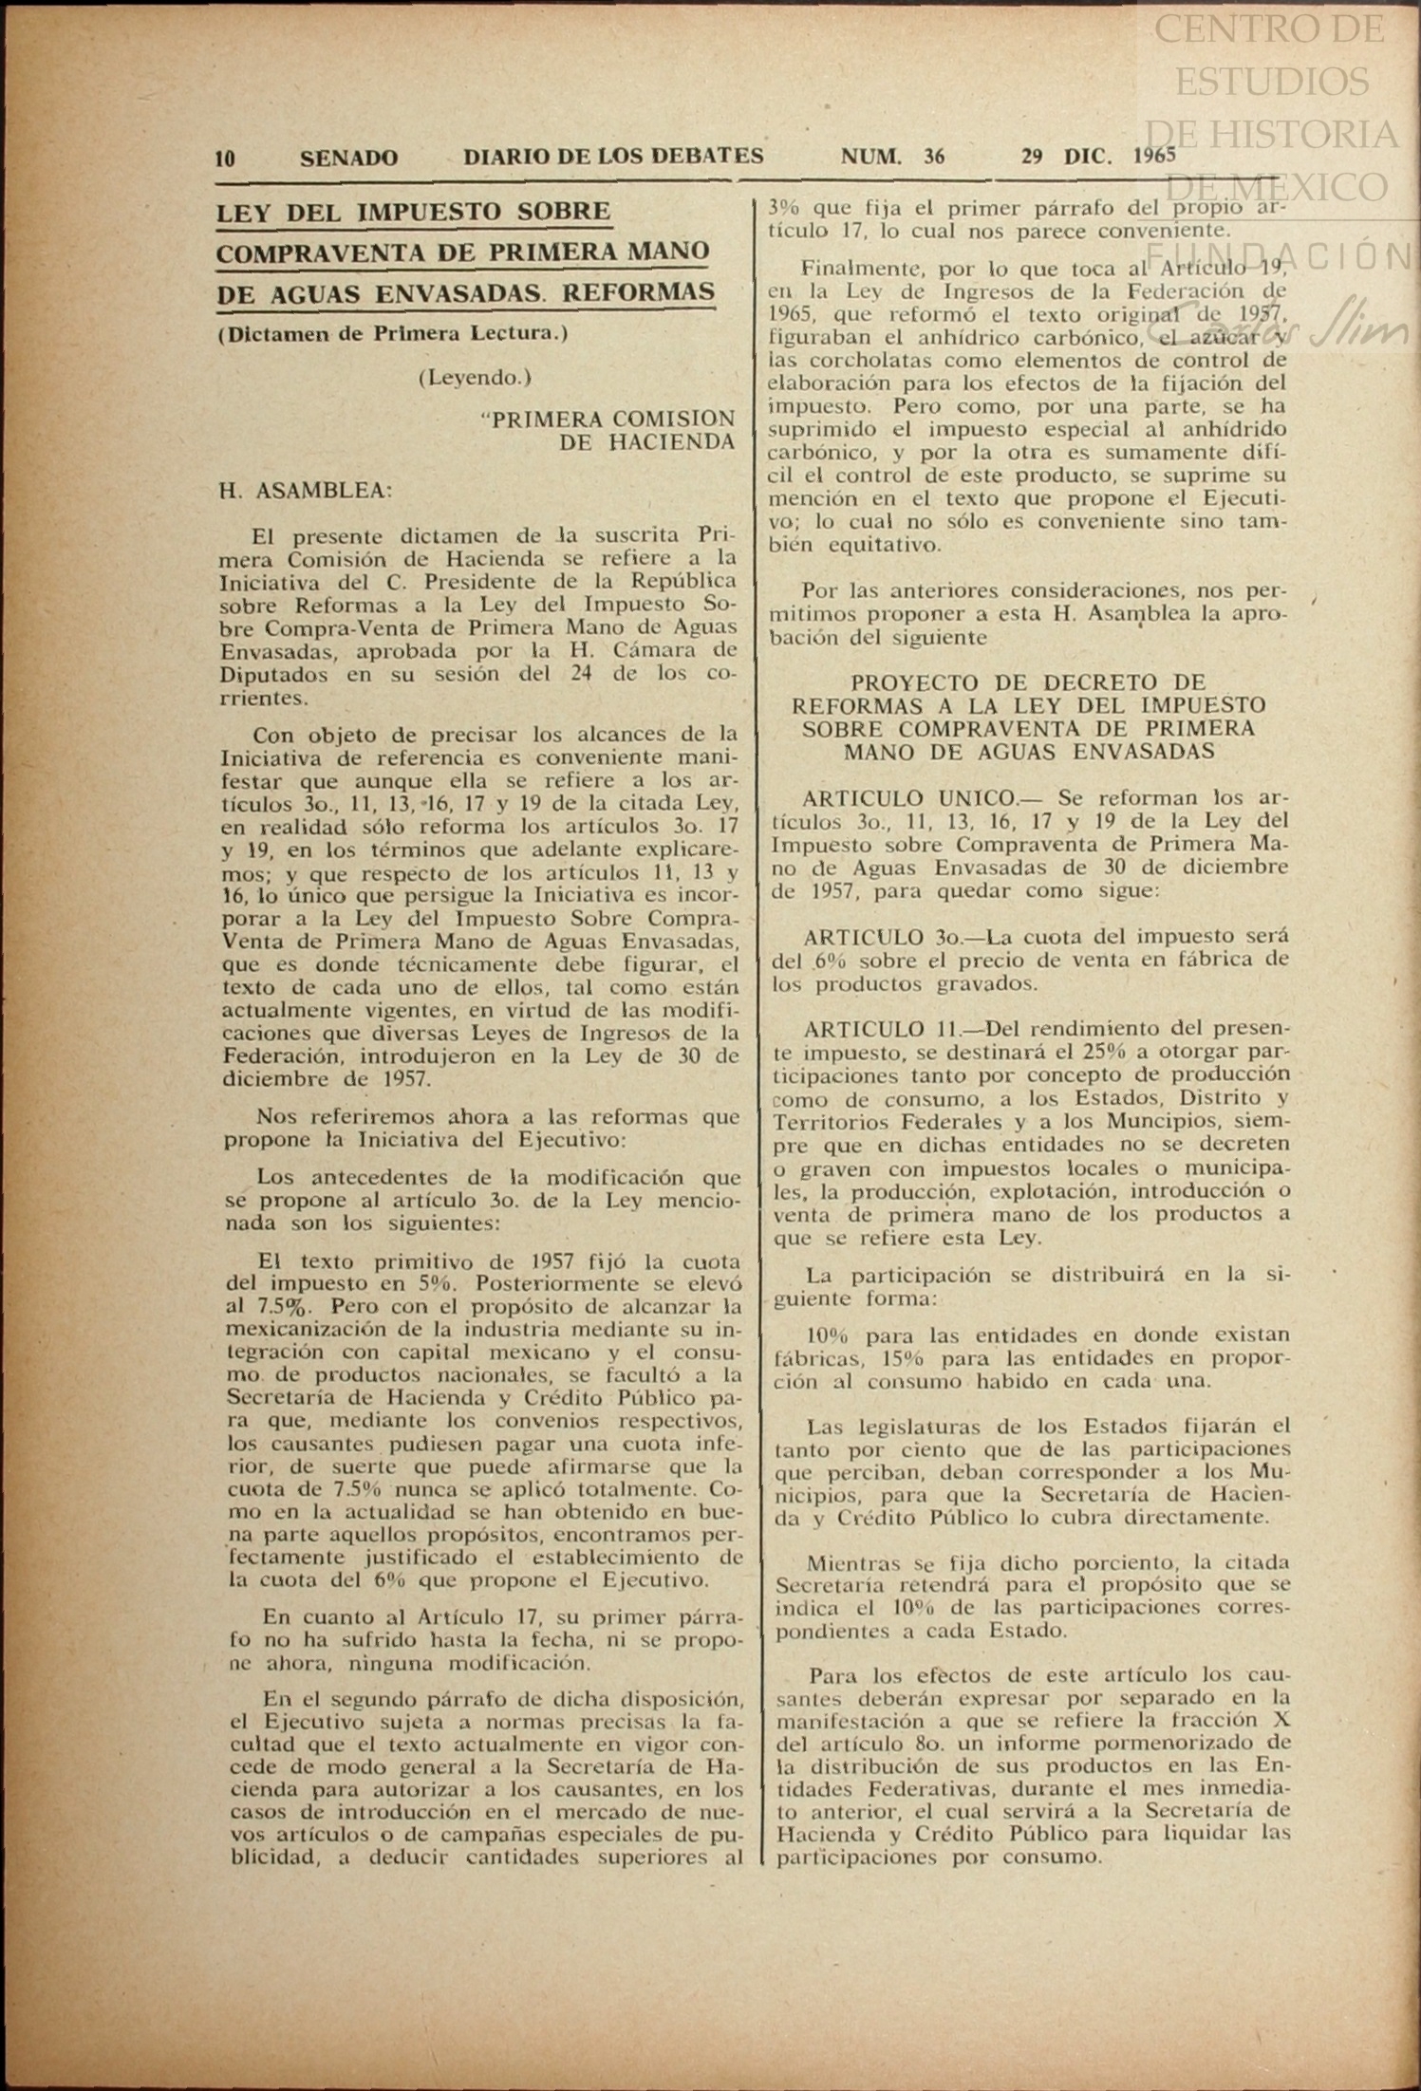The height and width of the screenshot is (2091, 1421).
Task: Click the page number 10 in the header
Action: point(225,159)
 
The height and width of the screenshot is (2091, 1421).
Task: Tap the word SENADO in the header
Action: point(348,159)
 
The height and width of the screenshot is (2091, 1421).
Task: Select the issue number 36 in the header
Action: point(934,158)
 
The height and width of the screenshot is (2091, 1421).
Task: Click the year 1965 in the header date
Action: point(1154,157)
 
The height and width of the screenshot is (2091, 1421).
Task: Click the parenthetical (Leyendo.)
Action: point(475,377)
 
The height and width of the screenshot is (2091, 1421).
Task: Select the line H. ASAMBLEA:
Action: point(305,491)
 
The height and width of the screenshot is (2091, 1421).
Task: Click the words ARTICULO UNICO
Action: point(908,798)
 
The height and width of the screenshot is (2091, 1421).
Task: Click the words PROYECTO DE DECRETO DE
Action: point(1028,682)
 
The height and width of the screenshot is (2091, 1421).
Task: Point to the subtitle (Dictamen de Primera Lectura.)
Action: point(393,334)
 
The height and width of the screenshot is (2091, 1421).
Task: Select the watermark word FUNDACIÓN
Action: point(1281,255)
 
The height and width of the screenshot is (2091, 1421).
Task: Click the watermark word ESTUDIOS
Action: point(1272,82)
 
